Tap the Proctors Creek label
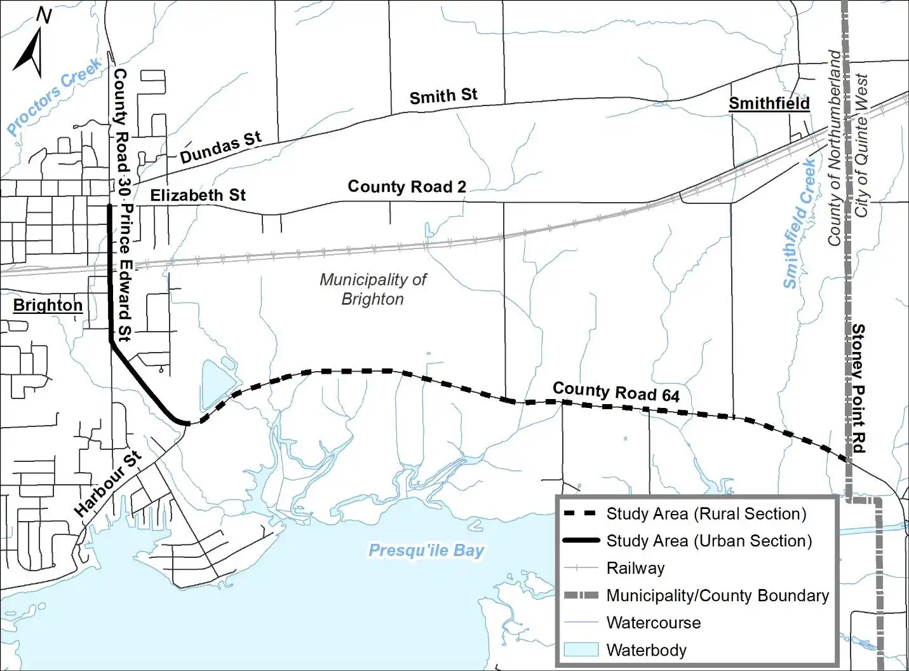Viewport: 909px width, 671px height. coord(55,95)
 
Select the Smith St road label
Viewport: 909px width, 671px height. coord(443,97)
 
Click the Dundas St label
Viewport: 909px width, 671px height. coord(220,147)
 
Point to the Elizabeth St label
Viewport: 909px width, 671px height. coord(198,195)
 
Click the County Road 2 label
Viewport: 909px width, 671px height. coord(407,187)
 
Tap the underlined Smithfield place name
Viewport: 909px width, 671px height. coord(769,104)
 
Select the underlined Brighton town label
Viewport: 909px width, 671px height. coord(48,306)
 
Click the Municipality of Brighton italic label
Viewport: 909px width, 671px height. coord(373,289)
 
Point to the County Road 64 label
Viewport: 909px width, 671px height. coord(616,392)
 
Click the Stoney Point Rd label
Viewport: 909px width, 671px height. coord(858,388)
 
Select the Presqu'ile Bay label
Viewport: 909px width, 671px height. coord(426,550)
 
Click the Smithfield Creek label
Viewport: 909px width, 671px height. coord(799,224)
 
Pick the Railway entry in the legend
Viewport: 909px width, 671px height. coord(635,568)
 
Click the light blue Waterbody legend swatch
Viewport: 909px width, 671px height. coord(581,649)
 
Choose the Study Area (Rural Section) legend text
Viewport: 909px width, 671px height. coord(706,513)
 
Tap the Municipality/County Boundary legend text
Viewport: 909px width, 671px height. coord(717,595)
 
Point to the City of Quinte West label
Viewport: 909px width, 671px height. coord(861,146)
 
